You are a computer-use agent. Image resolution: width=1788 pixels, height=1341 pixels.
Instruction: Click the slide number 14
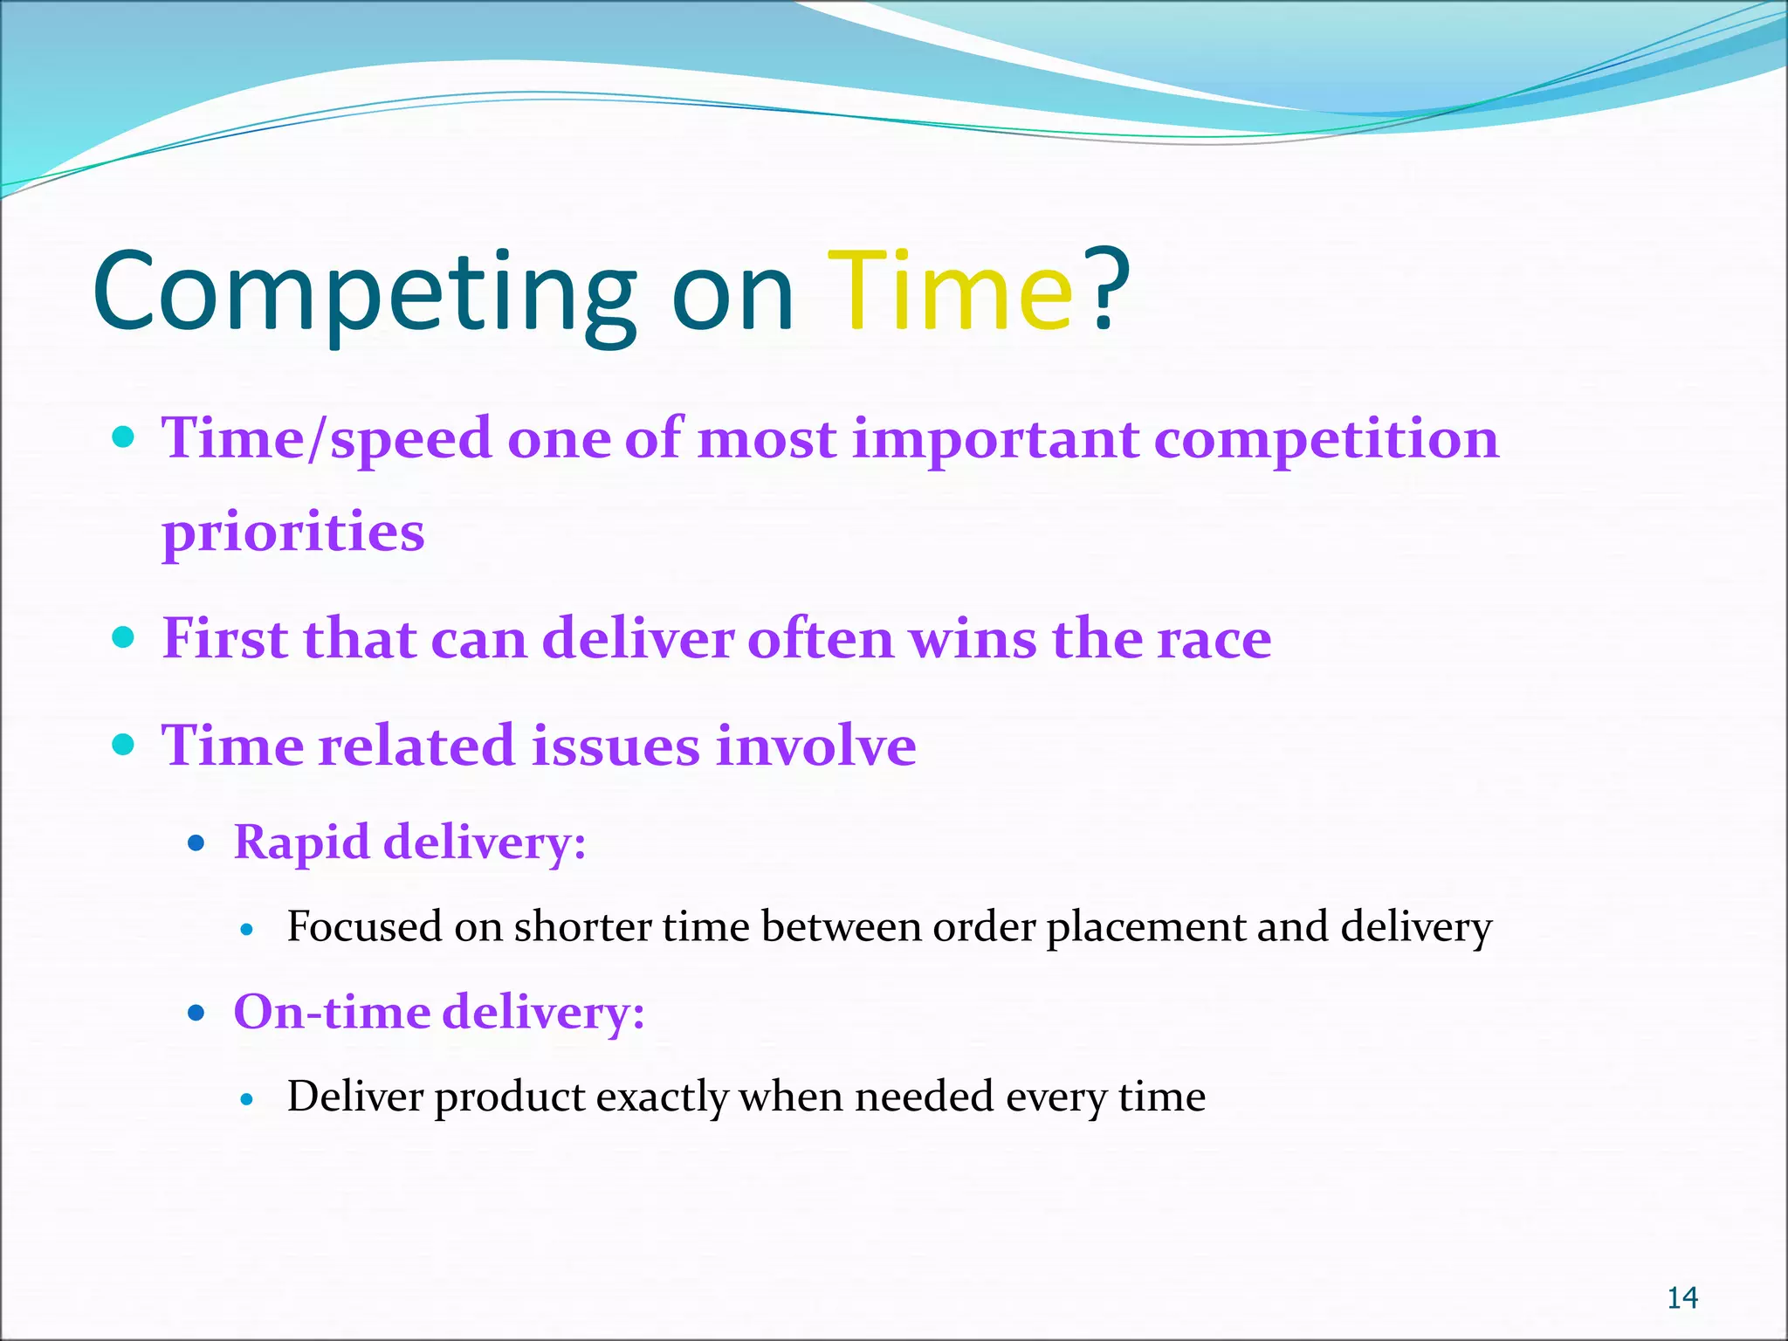click(1681, 1298)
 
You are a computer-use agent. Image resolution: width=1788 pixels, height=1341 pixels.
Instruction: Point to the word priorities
click(293, 533)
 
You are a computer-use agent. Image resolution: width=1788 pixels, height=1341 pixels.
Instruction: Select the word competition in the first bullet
click(1325, 439)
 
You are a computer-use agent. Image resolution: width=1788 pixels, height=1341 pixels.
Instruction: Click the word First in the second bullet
click(225, 638)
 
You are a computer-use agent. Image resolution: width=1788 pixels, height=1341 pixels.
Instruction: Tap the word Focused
click(364, 926)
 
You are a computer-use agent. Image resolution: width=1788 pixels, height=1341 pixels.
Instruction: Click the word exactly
click(661, 1097)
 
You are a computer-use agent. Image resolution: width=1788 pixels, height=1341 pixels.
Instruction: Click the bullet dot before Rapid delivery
click(196, 843)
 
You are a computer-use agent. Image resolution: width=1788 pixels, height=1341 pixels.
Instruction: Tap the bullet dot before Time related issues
click(124, 745)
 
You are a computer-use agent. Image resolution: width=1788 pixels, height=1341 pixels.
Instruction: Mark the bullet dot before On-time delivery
click(196, 1013)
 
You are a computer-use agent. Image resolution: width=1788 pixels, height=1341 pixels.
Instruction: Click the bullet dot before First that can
click(124, 636)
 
